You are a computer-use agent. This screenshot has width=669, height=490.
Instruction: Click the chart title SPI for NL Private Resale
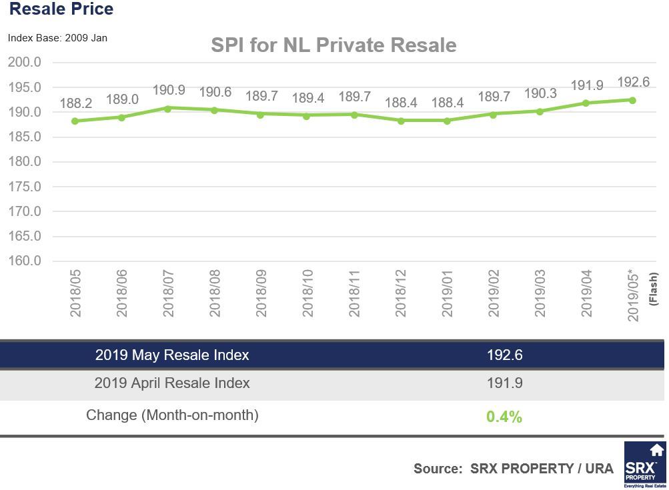(333, 45)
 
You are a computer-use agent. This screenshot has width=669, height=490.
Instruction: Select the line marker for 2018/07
(168, 108)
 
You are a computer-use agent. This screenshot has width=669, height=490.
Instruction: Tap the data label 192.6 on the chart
(633, 82)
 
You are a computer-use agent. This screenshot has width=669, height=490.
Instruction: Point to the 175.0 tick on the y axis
(25, 187)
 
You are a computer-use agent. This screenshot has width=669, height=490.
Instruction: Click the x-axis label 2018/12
(400, 293)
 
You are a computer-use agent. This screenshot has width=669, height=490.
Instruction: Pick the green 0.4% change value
(504, 417)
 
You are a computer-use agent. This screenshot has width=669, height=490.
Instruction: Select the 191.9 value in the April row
(504, 383)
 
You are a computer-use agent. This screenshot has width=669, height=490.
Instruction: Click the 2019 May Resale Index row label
(172, 355)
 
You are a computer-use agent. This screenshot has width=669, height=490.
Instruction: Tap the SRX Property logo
(644, 465)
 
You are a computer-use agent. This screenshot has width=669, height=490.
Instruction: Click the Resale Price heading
(61, 9)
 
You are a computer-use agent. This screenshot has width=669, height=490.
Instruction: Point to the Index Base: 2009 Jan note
(57, 38)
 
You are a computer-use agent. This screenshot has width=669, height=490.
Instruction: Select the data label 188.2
(75, 103)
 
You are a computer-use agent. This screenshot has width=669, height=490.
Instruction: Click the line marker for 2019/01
(447, 121)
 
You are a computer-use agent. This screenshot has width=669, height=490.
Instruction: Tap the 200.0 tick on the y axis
(25, 62)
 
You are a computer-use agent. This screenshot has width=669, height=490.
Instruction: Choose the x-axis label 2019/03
(540, 293)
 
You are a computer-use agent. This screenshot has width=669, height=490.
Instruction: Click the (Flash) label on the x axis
(653, 288)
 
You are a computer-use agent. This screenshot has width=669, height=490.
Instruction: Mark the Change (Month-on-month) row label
(172, 415)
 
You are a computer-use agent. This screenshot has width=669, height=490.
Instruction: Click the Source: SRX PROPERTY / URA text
(513, 469)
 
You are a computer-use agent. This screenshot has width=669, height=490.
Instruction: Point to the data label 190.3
(540, 94)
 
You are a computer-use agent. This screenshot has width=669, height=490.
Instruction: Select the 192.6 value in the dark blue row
(504, 355)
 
